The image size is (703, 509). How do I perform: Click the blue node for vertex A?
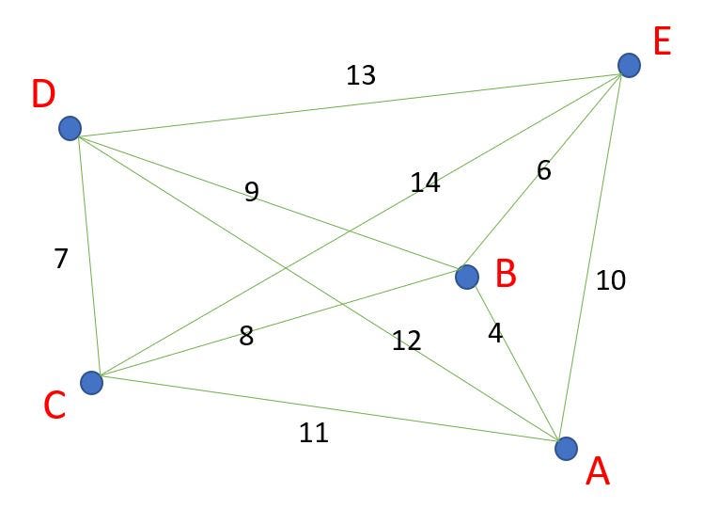coord(566,449)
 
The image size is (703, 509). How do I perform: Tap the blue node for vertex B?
coord(467,277)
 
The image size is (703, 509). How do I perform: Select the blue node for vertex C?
coord(91,382)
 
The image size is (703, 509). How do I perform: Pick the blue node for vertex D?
coord(70,128)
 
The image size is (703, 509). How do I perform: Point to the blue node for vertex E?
coord(629,65)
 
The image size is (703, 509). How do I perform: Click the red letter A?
coord(598,471)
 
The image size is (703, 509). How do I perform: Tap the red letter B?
coord(506,274)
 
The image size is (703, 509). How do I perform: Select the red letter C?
coord(55,406)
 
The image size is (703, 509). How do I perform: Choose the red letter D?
coord(43,94)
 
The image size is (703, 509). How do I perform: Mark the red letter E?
coord(662,42)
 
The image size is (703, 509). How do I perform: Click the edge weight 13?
coord(361,75)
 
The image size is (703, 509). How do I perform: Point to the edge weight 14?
coord(425,183)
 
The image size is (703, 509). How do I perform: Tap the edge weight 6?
coord(544,170)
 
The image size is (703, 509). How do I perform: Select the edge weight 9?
coord(251,192)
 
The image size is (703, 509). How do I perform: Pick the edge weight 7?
coord(61,259)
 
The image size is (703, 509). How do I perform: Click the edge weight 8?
coord(246,336)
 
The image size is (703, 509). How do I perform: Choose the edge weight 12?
coord(406,341)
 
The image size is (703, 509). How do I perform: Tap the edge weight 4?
coord(495,332)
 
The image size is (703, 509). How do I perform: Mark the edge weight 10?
coord(611,280)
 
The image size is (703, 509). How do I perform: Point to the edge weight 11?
coord(313,433)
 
